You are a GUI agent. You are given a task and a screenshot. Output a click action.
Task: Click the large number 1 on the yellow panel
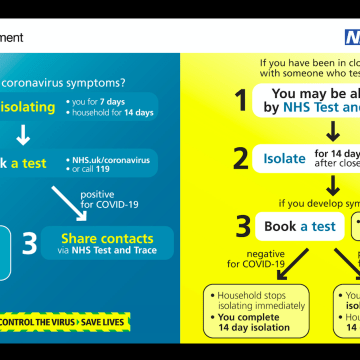pyautogui.click(x=240, y=100)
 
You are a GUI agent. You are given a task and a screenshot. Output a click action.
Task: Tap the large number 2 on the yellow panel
pyautogui.click(x=240, y=157)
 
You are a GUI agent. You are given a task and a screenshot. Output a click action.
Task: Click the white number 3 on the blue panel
pyautogui.click(x=31, y=244)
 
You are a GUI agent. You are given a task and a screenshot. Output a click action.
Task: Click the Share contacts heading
pyautogui.click(x=107, y=239)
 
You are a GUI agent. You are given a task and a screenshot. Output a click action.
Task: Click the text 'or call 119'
pyautogui.click(x=97, y=172)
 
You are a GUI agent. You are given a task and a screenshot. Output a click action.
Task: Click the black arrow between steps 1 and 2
pyautogui.click(x=333, y=130)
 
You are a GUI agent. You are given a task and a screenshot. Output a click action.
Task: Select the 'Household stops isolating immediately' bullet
pyautogui.click(x=256, y=300)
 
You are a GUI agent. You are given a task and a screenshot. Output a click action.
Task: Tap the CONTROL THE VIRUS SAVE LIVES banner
pyautogui.click(x=69, y=320)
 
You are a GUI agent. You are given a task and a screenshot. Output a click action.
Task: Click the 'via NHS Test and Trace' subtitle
pyautogui.click(x=107, y=252)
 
